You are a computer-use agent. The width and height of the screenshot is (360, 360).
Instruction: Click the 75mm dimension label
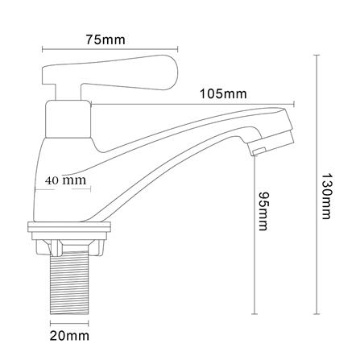coord(106,40)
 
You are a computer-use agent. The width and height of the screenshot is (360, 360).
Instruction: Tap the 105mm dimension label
coord(223,94)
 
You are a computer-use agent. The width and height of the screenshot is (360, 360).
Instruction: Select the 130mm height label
coord(326,197)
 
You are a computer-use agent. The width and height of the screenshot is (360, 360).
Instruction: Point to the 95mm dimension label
coord(263,211)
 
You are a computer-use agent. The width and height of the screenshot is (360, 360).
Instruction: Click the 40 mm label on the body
coord(66,180)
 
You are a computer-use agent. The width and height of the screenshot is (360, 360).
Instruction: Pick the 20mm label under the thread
coord(69,336)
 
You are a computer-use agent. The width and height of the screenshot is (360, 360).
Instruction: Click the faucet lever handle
coord(110,73)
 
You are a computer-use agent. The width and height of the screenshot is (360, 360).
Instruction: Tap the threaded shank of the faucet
coord(69,283)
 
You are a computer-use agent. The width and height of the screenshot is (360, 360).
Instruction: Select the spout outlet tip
coord(257,151)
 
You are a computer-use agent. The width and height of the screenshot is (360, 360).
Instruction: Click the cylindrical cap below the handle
coord(68,119)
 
